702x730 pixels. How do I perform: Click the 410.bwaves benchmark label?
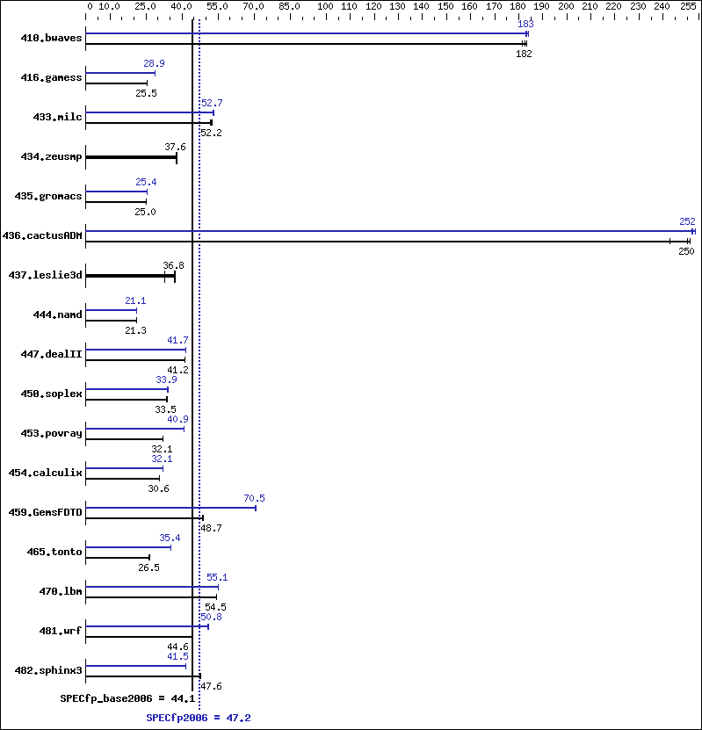[52, 38]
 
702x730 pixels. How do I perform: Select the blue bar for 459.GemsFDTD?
[170, 508]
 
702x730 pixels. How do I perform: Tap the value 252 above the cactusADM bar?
[687, 222]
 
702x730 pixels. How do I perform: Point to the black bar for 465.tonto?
[118, 557]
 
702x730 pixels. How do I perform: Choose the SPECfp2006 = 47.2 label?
[199, 719]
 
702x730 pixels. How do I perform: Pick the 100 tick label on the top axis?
[325, 6]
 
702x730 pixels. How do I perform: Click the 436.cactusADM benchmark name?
[43, 235]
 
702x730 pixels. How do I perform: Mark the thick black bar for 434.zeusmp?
[131, 157]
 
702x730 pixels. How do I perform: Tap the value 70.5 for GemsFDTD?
[255, 499]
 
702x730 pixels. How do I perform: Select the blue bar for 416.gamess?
[120, 73]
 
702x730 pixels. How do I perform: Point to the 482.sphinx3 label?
[49, 670]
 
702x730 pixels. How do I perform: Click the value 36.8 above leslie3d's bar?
[173, 265]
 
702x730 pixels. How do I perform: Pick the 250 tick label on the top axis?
[685, 6]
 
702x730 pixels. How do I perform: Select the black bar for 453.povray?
[124, 438]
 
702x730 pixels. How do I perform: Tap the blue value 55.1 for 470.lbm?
[217, 578]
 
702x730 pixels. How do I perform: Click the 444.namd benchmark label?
[52, 314]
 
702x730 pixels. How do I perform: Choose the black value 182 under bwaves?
[524, 54]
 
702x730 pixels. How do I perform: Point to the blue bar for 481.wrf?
[147, 626]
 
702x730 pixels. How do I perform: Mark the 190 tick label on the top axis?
[541, 6]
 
